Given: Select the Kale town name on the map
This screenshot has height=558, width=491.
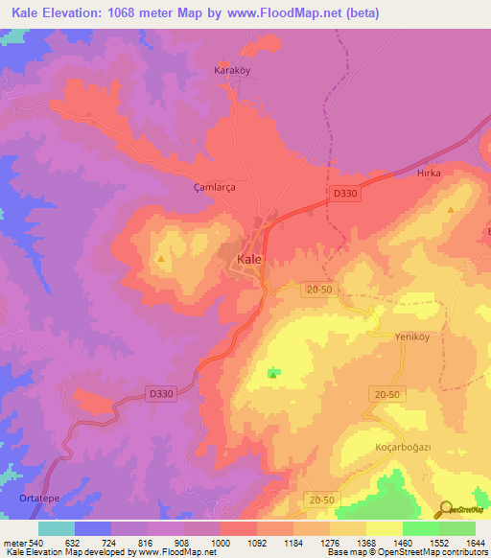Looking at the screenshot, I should (248, 260).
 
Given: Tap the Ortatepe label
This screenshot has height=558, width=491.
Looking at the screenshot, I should (39, 499).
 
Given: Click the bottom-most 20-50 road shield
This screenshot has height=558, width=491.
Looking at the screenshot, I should (323, 500).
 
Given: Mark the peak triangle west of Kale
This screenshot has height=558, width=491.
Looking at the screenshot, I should (161, 259).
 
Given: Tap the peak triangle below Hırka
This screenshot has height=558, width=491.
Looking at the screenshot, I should (451, 209).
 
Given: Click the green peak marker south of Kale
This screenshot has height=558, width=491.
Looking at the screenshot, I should (273, 373).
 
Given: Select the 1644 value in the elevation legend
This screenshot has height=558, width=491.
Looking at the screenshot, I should (475, 543).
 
